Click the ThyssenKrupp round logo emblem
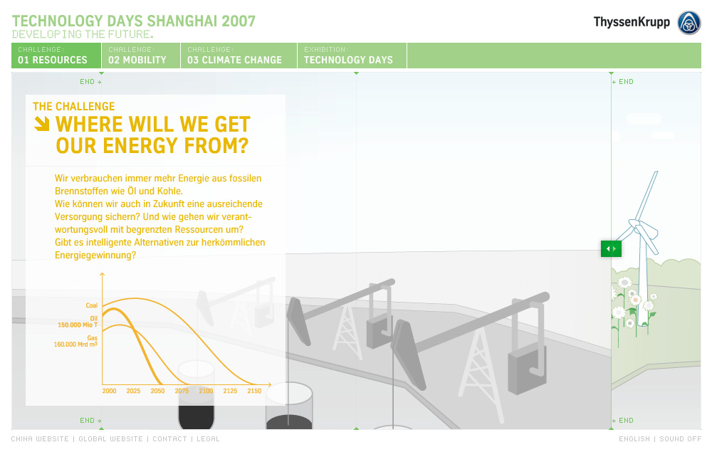point(689,23)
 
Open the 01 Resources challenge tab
point(56,56)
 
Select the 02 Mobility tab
point(141,56)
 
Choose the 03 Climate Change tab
point(239,56)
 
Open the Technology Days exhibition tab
point(352,56)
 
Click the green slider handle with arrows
point(611,248)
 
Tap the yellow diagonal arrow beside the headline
point(42,124)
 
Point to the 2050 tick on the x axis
point(157,391)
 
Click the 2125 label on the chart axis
point(230,391)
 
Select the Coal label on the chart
point(92,305)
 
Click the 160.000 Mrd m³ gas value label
point(76,345)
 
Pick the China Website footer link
point(40,439)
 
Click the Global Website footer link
point(111,439)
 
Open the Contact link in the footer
point(170,439)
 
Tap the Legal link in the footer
point(208,439)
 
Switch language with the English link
point(634,439)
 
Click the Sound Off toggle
point(680,439)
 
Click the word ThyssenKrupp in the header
point(632,22)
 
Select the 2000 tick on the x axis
point(109,391)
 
